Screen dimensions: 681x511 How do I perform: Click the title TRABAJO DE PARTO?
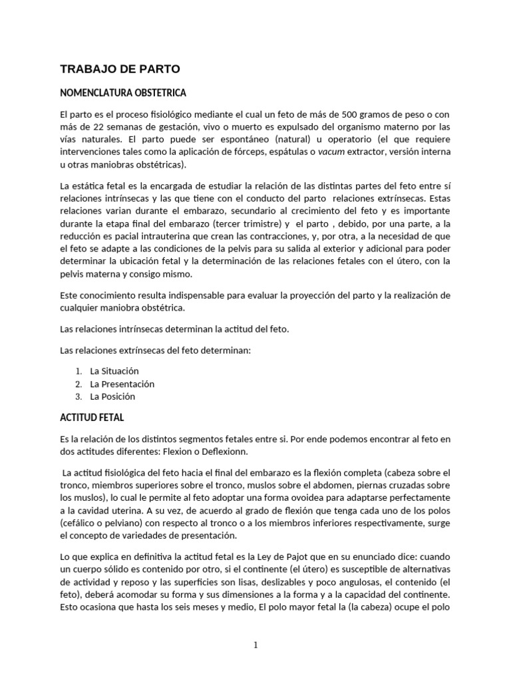pos(120,68)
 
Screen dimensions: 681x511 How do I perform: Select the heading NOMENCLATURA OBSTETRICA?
pos(123,92)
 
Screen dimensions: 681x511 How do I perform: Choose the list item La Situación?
pos(114,371)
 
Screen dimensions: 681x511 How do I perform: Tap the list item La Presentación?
pos(122,384)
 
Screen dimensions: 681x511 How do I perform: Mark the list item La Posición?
pos(112,396)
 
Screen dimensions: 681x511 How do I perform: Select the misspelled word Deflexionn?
pos(224,452)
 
